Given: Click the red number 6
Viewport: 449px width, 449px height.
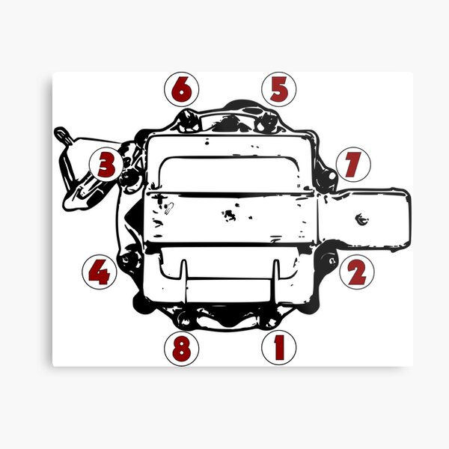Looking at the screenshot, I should point(181,91).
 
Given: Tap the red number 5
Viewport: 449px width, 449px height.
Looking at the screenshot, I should point(278,91).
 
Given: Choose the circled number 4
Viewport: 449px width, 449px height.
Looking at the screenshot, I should point(98,272).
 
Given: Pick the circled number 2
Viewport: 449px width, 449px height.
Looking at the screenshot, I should point(356,272).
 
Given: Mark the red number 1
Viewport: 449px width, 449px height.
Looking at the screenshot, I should point(278,347).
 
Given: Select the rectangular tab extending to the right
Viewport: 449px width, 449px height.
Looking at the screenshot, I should point(367,218).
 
